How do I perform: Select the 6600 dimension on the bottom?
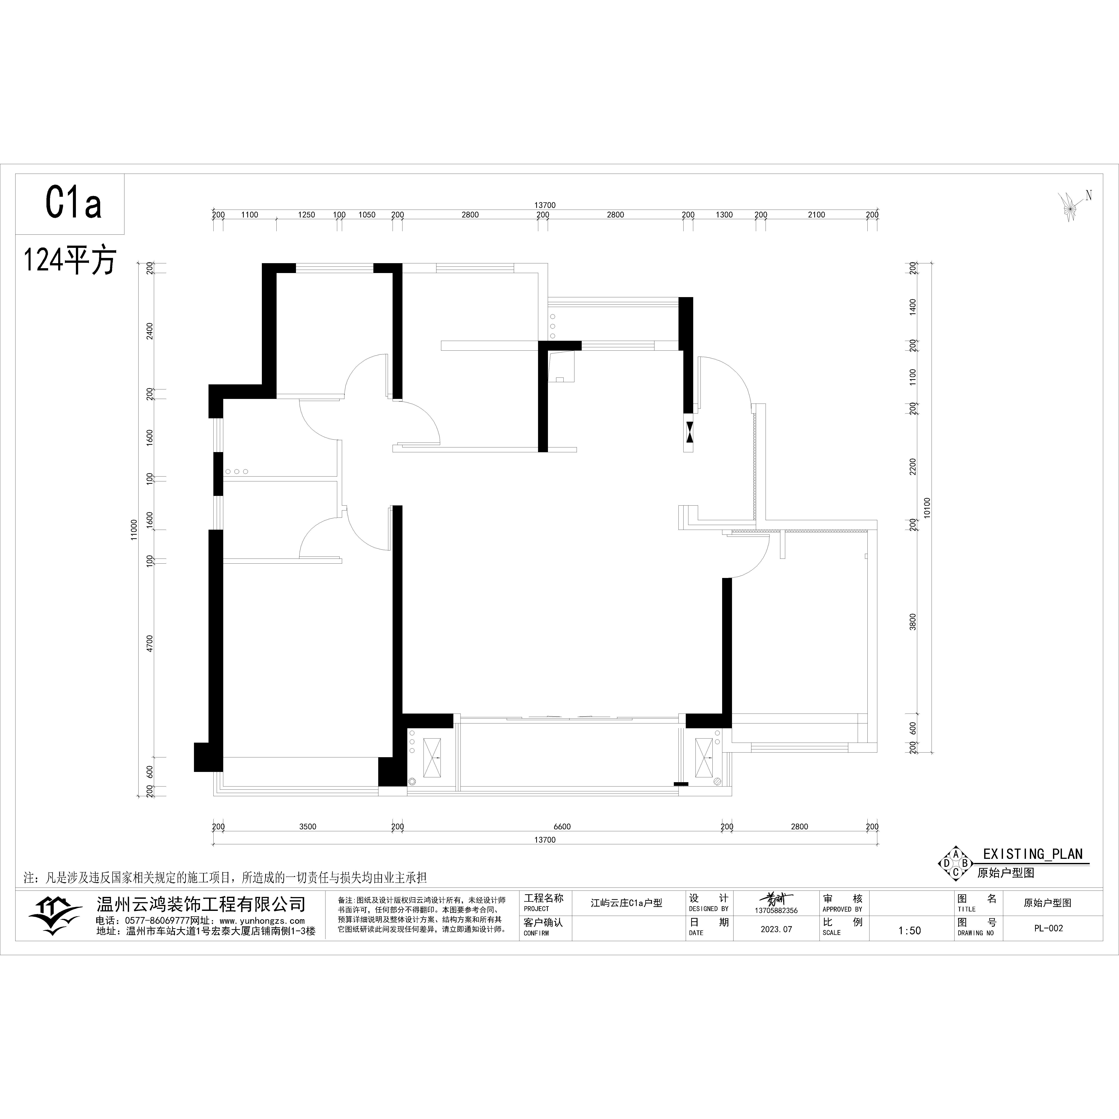click(x=562, y=827)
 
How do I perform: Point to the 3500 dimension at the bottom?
click(x=308, y=827)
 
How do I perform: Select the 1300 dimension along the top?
click(x=724, y=215)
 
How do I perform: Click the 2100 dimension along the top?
click(x=816, y=215)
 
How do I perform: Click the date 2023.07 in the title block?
click(x=776, y=929)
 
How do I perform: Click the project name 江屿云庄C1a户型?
click(x=626, y=903)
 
